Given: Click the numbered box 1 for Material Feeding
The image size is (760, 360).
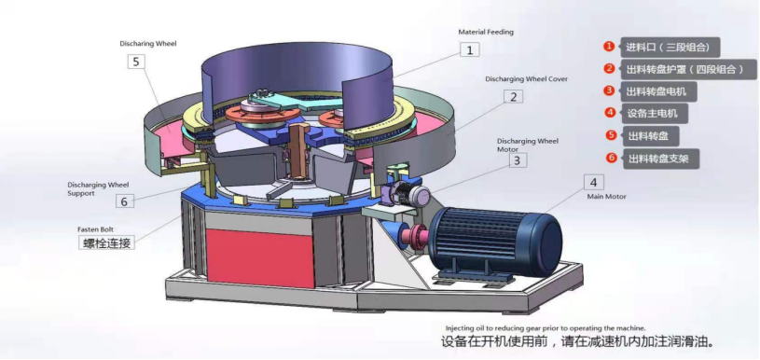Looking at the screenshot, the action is (x=471, y=49).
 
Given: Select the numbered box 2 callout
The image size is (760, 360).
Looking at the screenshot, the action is (x=513, y=96).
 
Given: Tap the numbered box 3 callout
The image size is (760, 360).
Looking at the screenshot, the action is (x=516, y=160).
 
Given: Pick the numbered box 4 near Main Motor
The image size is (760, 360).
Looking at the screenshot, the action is (x=594, y=182).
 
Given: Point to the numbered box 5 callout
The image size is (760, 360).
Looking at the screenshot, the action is (x=137, y=62).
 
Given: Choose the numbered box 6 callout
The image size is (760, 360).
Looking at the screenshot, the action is (x=125, y=201).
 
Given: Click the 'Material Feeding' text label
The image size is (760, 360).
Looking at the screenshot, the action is (x=486, y=32).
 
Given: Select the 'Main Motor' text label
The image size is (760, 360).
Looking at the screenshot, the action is (x=606, y=197).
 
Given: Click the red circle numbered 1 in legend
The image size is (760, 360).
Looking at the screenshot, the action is (x=609, y=46).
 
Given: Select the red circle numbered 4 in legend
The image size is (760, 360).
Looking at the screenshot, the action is (x=609, y=113).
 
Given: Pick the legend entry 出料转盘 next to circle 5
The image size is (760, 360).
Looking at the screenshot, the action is (x=645, y=135).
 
